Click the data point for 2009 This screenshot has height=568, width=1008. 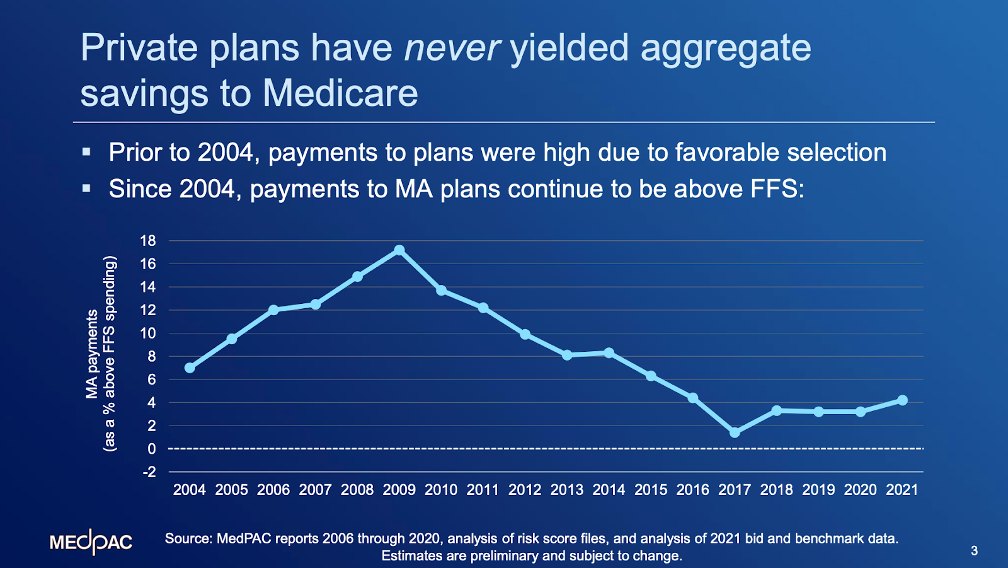coord(399,250)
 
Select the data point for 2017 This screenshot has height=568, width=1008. coord(735,432)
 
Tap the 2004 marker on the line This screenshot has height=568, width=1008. coord(190,368)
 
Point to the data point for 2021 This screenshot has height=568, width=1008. coord(902,400)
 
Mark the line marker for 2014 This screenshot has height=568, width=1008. coord(609,353)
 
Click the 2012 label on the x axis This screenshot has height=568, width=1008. coord(525,490)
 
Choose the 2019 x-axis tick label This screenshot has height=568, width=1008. coord(818,490)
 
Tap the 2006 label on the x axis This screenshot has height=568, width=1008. coord(273,490)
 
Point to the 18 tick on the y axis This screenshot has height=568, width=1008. coord(148,241)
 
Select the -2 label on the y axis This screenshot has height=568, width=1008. coord(149,472)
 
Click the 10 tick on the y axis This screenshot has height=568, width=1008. coord(148,333)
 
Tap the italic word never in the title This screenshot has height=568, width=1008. coord(452,48)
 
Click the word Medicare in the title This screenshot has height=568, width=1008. coord(340,93)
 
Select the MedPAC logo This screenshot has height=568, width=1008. coord(91,542)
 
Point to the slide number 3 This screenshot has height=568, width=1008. coord(974,551)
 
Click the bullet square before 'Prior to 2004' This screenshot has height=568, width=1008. coord(87,152)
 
